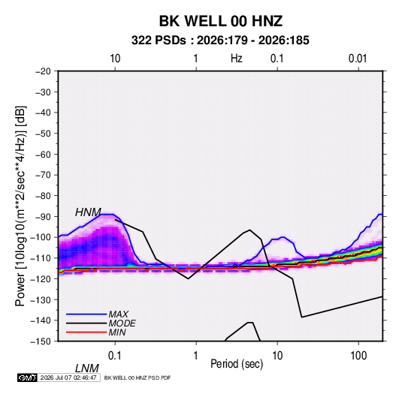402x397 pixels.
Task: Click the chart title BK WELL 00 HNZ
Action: pyautogui.click(x=221, y=21)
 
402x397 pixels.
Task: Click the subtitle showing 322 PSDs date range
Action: pyautogui.click(x=220, y=41)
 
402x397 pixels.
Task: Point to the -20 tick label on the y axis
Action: pyautogui.click(x=43, y=71)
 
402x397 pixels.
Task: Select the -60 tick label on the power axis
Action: pyautogui.click(x=43, y=154)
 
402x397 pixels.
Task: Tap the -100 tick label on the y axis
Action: pyautogui.click(x=41, y=237)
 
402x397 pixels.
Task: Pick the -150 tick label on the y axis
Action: pyautogui.click(x=41, y=341)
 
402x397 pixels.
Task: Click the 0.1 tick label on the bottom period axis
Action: pyautogui.click(x=115, y=356)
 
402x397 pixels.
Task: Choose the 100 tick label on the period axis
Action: pyautogui.click(x=358, y=356)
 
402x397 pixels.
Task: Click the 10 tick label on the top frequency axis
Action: pyautogui.click(x=115, y=59)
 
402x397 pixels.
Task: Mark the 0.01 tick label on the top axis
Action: pyautogui.click(x=358, y=59)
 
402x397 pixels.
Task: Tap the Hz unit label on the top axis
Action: pyautogui.click(x=237, y=59)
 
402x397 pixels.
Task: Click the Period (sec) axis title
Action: pyautogui.click(x=237, y=364)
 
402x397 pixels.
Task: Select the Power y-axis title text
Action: pyautogui.click(x=20, y=206)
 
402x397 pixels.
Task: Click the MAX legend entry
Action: pyautogui.click(x=118, y=314)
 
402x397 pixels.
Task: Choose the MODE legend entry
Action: pyautogui.click(x=122, y=323)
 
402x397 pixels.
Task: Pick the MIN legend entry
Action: pyautogui.click(x=117, y=332)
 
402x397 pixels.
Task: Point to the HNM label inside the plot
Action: pyautogui.click(x=88, y=212)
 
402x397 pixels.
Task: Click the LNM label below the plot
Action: pyautogui.click(x=87, y=368)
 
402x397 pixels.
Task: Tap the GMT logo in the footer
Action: pyautogui.click(x=27, y=377)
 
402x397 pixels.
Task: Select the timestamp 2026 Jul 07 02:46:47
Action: pyautogui.click(x=68, y=377)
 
